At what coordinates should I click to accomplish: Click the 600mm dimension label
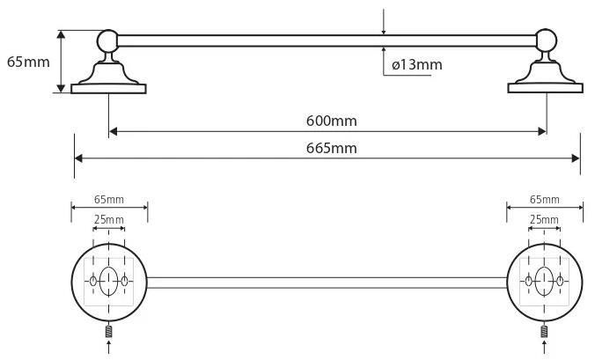click(331, 121)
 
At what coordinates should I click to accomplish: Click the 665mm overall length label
click(331, 148)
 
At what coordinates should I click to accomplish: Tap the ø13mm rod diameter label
click(417, 65)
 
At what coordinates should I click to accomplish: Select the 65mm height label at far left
click(28, 62)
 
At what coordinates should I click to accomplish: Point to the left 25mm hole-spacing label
click(109, 220)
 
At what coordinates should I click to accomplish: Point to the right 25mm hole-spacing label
click(544, 220)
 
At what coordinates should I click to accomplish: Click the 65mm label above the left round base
click(109, 200)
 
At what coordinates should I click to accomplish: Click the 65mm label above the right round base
click(545, 200)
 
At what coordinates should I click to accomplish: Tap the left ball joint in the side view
click(108, 40)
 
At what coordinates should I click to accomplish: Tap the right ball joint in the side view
click(546, 40)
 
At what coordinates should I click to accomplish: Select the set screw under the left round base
click(109, 332)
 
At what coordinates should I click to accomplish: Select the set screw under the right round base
click(545, 332)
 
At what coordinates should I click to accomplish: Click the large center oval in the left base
click(108, 281)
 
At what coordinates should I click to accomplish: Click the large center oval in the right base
click(544, 281)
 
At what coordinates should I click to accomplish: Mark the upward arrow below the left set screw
click(109, 347)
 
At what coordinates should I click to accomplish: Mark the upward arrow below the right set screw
click(545, 347)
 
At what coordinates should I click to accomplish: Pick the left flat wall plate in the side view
click(108, 89)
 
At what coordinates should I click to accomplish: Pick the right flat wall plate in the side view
click(546, 88)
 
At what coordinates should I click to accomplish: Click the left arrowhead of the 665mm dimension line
click(78, 158)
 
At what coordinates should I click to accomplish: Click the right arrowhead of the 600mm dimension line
click(542, 132)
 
